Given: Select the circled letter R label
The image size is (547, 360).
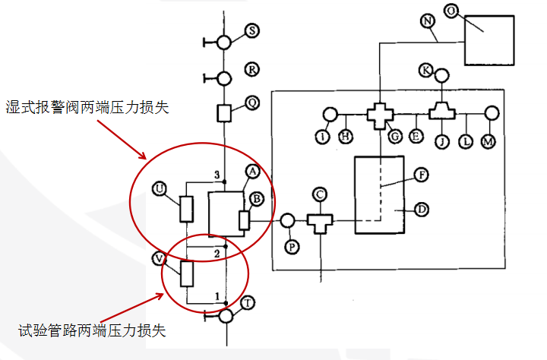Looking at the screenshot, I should tap(252, 69).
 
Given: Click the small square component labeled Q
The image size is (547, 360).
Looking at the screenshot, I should tap(224, 112).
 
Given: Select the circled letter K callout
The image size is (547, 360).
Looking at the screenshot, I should tap(426, 71).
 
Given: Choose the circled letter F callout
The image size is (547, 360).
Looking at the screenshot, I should tap(422, 174).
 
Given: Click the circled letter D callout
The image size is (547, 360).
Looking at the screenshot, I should tap(422, 207).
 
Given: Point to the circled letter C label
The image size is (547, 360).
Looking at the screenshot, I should tap(320, 195).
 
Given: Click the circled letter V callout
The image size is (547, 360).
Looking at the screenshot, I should tap(160, 258).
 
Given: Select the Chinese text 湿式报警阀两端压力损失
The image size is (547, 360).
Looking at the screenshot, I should tap(86, 107).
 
